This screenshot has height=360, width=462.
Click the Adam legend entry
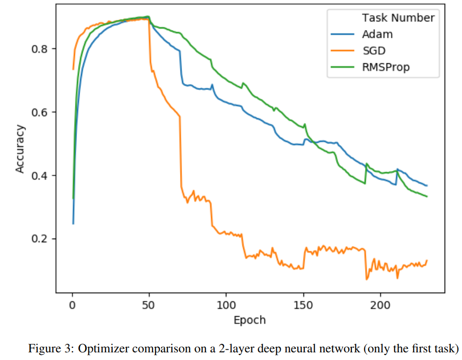(x=378, y=34)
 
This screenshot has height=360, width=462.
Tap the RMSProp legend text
(x=386, y=67)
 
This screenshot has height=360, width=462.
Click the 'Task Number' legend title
(x=398, y=18)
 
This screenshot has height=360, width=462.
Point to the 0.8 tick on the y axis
(x=41, y=49)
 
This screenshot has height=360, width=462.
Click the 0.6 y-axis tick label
(x=41, y=112)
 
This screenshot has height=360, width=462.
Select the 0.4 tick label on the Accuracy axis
(x=41, y=175)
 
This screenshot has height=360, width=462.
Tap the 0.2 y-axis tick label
(x=41, y=239)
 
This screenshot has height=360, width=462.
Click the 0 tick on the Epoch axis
(x=72, y=304)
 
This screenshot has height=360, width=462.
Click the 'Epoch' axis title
(x=249, y=320)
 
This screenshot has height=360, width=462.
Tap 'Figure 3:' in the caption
(x=44, y=349)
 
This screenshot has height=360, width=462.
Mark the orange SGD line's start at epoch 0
(x=73, y=69)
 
